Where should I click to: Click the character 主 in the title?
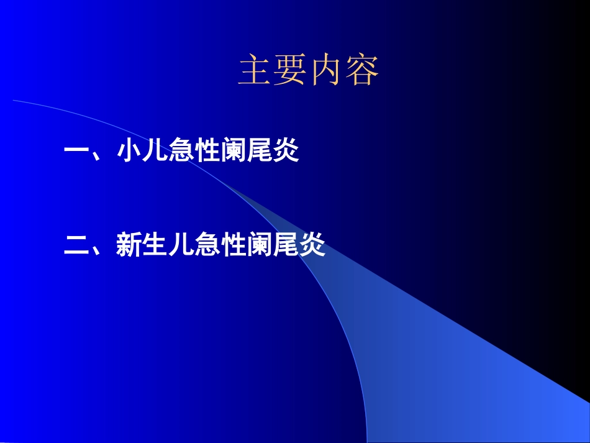coord(256,70)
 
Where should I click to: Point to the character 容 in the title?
coord(362,70)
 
